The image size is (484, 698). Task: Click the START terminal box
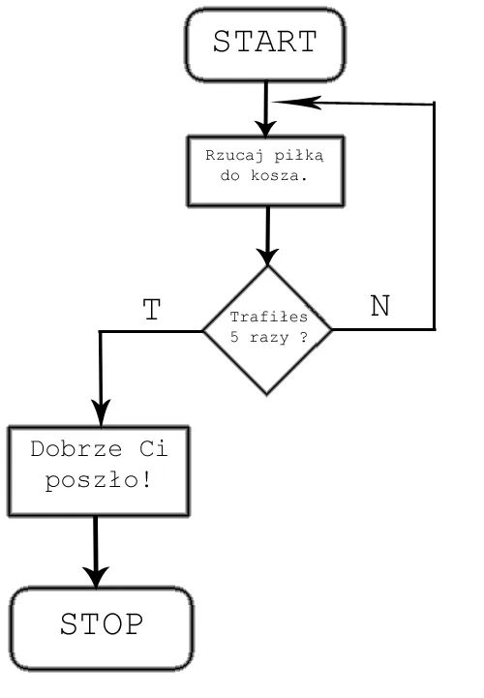pyautogui.click(x=264, y=44)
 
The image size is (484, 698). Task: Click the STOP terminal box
pyautogui.click(x=101, y=625)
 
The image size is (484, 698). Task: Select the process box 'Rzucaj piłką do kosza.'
pyautogui.click(x=264, y=170)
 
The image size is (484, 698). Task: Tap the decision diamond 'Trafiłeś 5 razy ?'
pyautogui.click(x=267, y=330)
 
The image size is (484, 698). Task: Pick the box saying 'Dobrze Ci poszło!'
pyautogui.click(x=97, y=470)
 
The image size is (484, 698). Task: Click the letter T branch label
pyautogui.click(x=151, y=310)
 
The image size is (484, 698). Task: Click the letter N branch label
pyautogui.click(x=380, y=306)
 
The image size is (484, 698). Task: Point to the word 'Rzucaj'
pyautogui.click(x=229, y=156)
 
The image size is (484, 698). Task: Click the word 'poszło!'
pyautogui.click(x=97, y=480)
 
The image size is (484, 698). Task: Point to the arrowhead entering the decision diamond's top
pyautogui.click(x=267, y=256)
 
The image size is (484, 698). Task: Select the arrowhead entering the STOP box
pyautogui.click(x=96, y=575)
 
